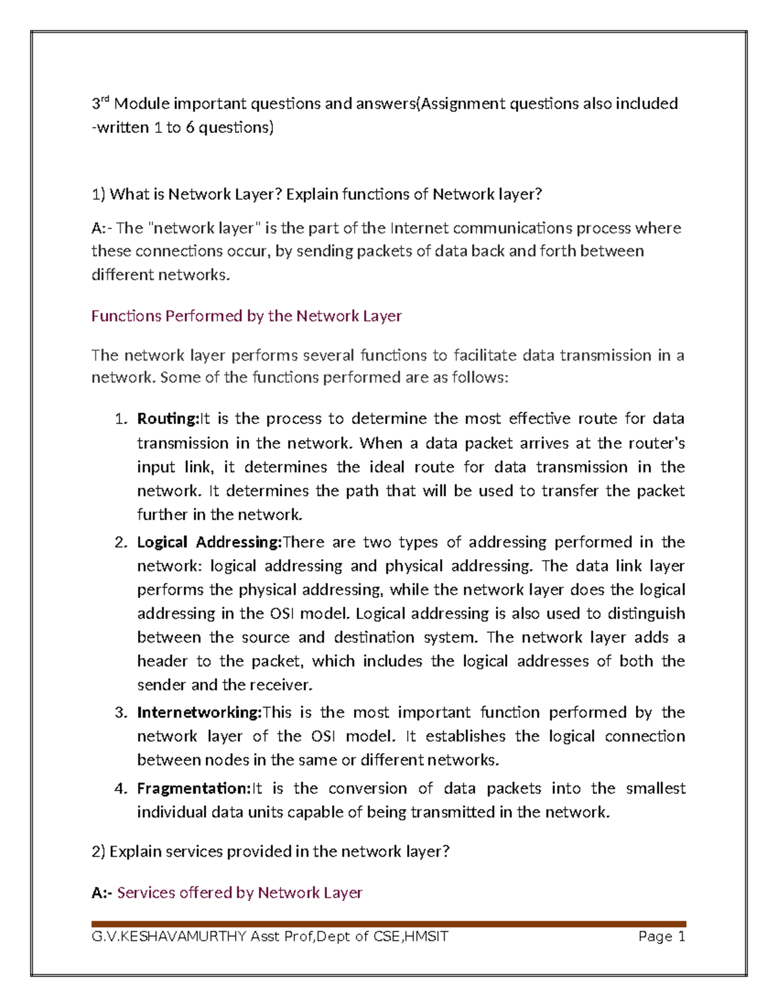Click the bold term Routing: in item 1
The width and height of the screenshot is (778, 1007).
coord(167,419)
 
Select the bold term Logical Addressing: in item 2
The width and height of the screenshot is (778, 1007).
coord(209,542)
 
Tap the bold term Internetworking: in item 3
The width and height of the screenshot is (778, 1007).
coord(199,713)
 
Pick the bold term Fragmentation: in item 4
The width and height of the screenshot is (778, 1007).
coord(193,788)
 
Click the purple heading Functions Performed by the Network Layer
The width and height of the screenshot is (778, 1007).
coord(246,316)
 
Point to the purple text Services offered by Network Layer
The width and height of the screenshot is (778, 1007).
coord(239,893)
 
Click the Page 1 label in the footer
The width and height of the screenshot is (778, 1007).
coord(661,936)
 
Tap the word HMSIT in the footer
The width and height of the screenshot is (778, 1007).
coord(425,936)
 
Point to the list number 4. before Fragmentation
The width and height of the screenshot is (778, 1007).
coord(121,789)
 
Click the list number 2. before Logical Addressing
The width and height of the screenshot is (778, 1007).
coord(121,543)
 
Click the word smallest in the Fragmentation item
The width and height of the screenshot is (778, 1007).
coord(655,788)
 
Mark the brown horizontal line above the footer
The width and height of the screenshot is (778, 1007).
coord(389,923)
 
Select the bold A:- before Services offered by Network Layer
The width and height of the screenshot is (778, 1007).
coord(102,893)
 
